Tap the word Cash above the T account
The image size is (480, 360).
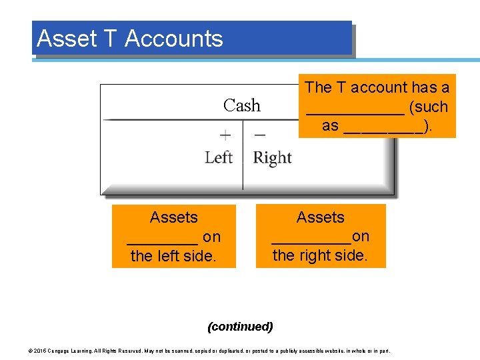pos(242,105)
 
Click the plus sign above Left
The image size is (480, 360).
pos(226,135)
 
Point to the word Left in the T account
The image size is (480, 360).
pos(218,157)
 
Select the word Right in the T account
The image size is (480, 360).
pos(272,158)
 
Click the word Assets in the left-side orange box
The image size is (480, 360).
pos(173,217)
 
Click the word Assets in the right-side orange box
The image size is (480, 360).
pos(320,217)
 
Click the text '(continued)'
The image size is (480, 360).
pos(240,327)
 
